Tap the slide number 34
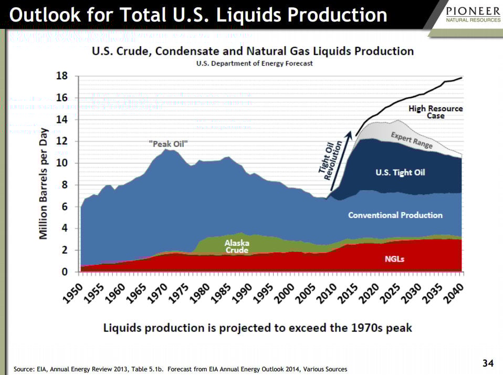coord(488,363)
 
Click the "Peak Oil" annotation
coord(169,143)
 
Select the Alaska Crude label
coord(237,246)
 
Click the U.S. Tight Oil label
coord(401,172)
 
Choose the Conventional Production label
coord(395,215)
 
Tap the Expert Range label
coord(412,140)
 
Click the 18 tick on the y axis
coord(61,76)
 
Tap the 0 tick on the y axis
coord(64,272)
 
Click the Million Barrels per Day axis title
coord(44,184)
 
